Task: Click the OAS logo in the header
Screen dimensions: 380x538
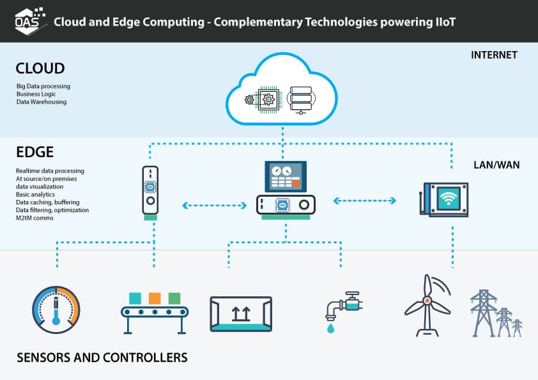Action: [x=29, y=20]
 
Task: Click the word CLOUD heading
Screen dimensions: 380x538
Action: [x=40, y=68]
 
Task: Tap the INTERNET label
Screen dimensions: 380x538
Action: [x=494, y=55]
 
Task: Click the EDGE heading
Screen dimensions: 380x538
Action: [x=35, y=153]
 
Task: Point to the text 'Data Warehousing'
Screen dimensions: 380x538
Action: [x=42, y=102]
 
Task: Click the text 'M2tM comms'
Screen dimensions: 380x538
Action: [x=35, y=218]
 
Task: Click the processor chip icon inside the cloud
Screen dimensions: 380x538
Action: [x=268, y=100]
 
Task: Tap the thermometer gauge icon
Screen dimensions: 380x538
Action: [x=56, y=310]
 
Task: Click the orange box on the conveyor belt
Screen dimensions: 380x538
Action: [x=154, y=298]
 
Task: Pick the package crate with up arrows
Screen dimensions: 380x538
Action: [x=241, y=314]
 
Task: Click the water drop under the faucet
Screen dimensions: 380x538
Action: [x=329, y=328]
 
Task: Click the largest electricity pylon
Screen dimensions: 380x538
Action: [x=484, y=313]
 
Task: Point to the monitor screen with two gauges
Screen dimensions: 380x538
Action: [x=286, y=174]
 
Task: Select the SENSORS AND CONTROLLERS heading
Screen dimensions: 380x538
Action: [x=102, y=357]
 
